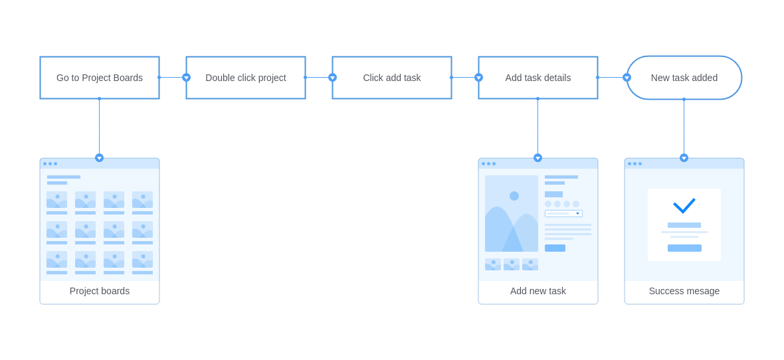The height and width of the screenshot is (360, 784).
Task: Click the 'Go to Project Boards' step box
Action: (100, 78)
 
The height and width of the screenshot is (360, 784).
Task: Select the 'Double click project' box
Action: (246, 78)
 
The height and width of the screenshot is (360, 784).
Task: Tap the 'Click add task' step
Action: (392, 78)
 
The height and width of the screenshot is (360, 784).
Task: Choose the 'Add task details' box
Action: (538, 78)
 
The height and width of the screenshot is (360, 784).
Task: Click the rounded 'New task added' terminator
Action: (684, 78)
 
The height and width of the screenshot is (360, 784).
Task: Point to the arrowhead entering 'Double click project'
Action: (187, 78)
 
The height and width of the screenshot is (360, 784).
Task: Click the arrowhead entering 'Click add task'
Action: (332, 78)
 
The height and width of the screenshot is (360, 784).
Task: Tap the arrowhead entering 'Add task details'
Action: (478, 78)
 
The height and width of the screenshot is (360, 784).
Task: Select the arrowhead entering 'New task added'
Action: (627, 78)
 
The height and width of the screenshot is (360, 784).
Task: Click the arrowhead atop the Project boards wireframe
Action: (100, 158)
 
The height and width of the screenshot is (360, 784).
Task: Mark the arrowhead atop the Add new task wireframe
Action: (538, 158)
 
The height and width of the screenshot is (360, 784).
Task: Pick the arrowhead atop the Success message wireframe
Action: (684, 158)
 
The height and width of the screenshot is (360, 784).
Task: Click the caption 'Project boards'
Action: (100, 291)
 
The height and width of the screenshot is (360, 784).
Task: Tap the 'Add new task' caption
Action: (538, 291)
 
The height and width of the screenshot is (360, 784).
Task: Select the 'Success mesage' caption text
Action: (684, 291)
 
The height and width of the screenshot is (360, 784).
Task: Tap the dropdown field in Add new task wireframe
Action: (563, 213)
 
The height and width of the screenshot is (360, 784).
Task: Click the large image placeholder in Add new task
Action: (512, 213)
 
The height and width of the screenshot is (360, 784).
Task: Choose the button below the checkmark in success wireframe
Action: (684, 248)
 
